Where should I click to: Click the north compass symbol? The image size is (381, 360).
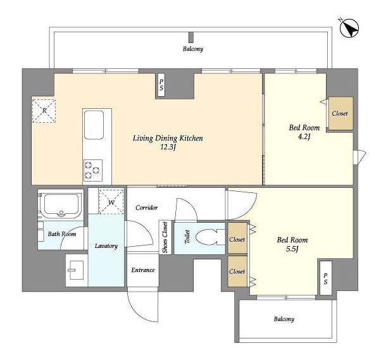349,28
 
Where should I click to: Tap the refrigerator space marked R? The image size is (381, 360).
44,111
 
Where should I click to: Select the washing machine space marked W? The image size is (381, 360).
111,202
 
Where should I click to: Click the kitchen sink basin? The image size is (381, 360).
94,125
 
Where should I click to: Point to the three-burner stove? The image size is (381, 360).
93,170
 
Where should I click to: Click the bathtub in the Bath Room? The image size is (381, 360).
61,205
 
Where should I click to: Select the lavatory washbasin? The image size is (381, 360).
76,270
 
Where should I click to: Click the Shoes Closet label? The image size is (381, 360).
165,237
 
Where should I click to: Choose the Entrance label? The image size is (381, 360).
143,270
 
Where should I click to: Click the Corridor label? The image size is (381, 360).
147,208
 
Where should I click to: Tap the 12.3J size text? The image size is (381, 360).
168,147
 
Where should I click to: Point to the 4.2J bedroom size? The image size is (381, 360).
304,137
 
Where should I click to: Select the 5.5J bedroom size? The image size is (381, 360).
292,249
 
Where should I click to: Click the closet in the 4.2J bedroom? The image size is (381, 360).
340,113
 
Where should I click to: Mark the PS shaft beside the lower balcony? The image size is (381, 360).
325,278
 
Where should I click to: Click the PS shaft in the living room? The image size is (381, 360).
161,85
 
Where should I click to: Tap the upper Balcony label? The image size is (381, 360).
193,49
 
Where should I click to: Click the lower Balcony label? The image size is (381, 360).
284,319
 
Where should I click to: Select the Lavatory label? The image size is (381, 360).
106,246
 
